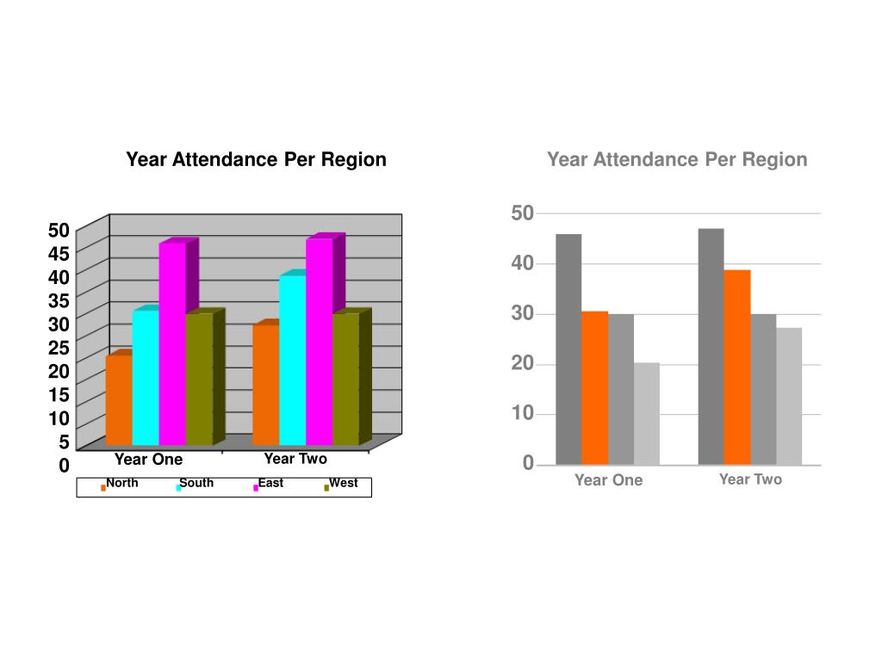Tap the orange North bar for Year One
pos(119,399)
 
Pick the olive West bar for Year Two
pos(345,379)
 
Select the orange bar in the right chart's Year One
pos(594,387)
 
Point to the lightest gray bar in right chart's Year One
pos(647,413)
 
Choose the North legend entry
pos(120,484)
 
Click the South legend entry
pos(195,484)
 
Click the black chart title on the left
pos(256,159)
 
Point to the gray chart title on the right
pos(677,159)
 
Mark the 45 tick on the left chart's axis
pos(59,253)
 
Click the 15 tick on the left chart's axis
pos(59,394)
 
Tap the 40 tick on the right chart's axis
pos(522,263)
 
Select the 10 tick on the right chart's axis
pos(522,414)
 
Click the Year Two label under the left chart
pos(295,459)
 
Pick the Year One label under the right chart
pos(608,480)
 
